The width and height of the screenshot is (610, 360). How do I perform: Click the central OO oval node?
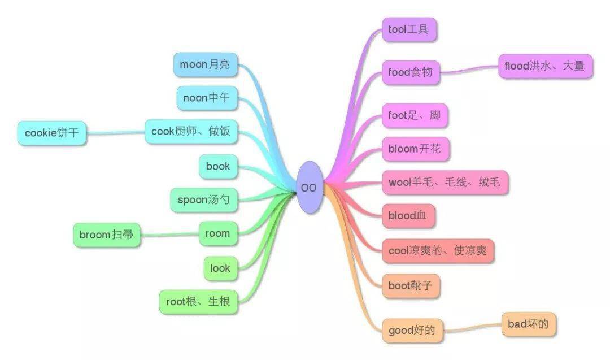pos(308,188)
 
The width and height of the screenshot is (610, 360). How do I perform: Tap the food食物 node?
pos(410,72)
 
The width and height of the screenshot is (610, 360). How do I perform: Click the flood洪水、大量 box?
pos(544,66)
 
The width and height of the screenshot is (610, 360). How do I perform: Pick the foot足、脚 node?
pos(415,116)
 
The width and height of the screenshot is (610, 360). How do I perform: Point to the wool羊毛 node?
pos(444,182)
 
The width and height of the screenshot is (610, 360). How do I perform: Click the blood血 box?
pos(408,216)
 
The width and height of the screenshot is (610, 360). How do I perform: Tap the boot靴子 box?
pos(411,286)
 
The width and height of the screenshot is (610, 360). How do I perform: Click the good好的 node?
pos(412,330)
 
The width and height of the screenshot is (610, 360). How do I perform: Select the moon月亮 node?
pos(204,64)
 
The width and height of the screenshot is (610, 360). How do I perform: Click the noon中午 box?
pos(206,98)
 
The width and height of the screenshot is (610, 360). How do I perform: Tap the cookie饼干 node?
pos(51,133)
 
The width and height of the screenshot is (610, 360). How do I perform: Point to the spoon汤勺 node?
pos(204,199)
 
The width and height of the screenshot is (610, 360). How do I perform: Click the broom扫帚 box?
pos(106,235)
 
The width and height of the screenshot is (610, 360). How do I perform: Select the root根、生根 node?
pos(198,302)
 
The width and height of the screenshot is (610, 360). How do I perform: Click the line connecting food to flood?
pos(469,70)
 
